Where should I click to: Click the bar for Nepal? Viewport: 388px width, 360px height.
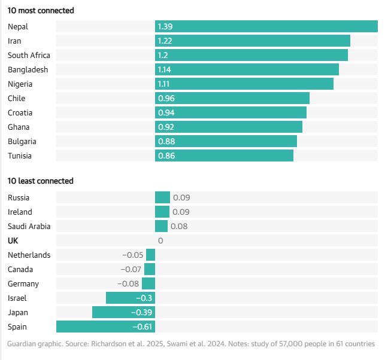coord(266,26)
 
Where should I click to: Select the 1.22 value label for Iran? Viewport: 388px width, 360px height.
coord(165,41)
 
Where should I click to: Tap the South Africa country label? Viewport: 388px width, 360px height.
coord(29,55)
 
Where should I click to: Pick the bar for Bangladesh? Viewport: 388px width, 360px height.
coord(247,69)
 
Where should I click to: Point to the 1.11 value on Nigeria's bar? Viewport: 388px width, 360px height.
coord(164,84)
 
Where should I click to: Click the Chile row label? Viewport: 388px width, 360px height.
coord(17,98)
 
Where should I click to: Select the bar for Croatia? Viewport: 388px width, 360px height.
coord(231,112)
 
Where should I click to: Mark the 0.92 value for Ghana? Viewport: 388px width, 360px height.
coord(165,127)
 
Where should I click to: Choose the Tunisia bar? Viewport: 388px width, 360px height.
coord(224,155)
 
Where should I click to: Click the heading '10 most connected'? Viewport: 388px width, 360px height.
coord(41,11)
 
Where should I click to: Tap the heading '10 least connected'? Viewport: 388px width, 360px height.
coord(40,181)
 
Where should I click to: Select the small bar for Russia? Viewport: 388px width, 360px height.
coord(162,197)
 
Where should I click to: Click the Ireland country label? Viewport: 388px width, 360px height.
coord(20,212)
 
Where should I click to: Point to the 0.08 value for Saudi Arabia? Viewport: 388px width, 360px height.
coord(178,226)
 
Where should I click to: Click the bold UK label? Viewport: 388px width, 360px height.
coord(13,240)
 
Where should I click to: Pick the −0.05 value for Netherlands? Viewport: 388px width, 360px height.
coord(132,255)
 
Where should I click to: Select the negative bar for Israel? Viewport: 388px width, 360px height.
coord(131,298)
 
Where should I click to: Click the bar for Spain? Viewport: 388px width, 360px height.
coord(105,327)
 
